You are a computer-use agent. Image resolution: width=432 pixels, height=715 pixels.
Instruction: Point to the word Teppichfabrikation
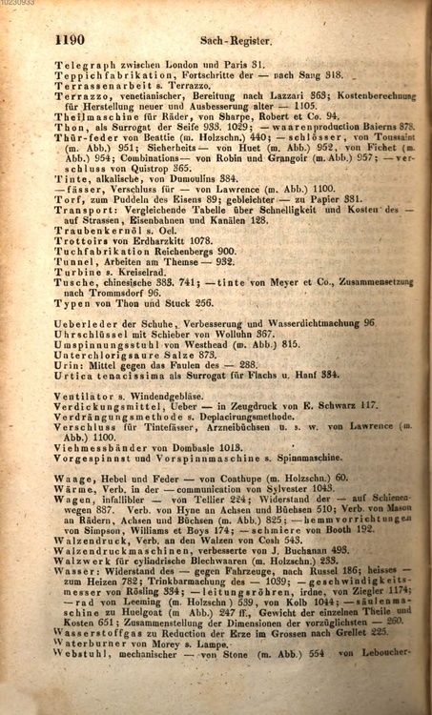(113, 74)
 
